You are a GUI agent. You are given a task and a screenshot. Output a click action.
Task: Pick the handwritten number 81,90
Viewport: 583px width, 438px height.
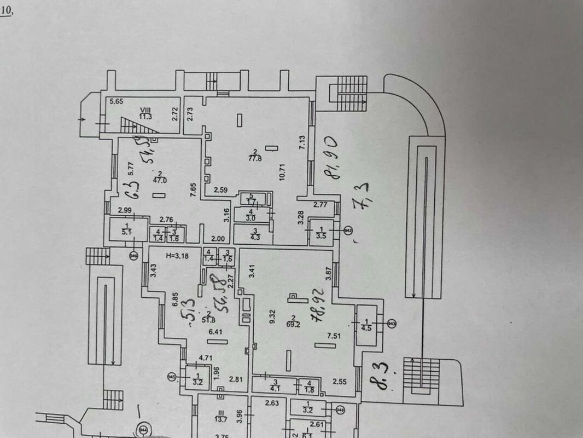coord(331,162)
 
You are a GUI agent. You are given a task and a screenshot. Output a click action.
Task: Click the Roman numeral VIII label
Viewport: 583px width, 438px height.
coord(145,109)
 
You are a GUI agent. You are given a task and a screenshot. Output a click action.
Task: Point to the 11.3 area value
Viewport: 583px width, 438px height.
coord(145,116)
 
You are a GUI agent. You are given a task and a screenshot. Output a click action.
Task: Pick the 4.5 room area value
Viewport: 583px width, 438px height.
coord(366,328)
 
